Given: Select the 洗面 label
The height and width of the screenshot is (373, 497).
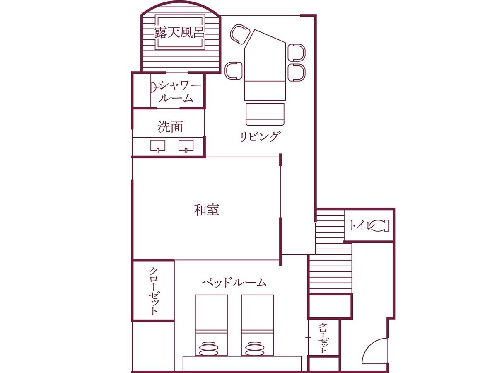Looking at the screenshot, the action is (x=170, y=127).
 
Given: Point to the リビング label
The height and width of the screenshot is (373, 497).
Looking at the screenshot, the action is (x=260, y=136).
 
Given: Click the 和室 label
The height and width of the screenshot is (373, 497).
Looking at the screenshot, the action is (x=206, y=210).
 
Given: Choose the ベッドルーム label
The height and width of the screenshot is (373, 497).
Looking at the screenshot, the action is (x=234, y=283).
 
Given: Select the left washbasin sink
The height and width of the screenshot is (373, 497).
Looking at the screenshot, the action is (x=158, y=146).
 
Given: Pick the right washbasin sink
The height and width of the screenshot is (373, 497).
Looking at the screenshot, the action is (x=186, y=146).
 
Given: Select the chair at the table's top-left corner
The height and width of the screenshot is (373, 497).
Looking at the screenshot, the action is (x=239, y=34).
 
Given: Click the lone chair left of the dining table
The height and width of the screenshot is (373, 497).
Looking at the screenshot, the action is (x=234, y=70).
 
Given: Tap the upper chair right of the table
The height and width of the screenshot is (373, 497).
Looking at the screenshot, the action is (x=297, y=53).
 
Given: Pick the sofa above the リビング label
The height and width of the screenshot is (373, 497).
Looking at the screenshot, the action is (x=265, y=114).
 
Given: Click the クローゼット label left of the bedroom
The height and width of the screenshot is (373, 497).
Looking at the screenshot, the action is (x=153, y=291).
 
